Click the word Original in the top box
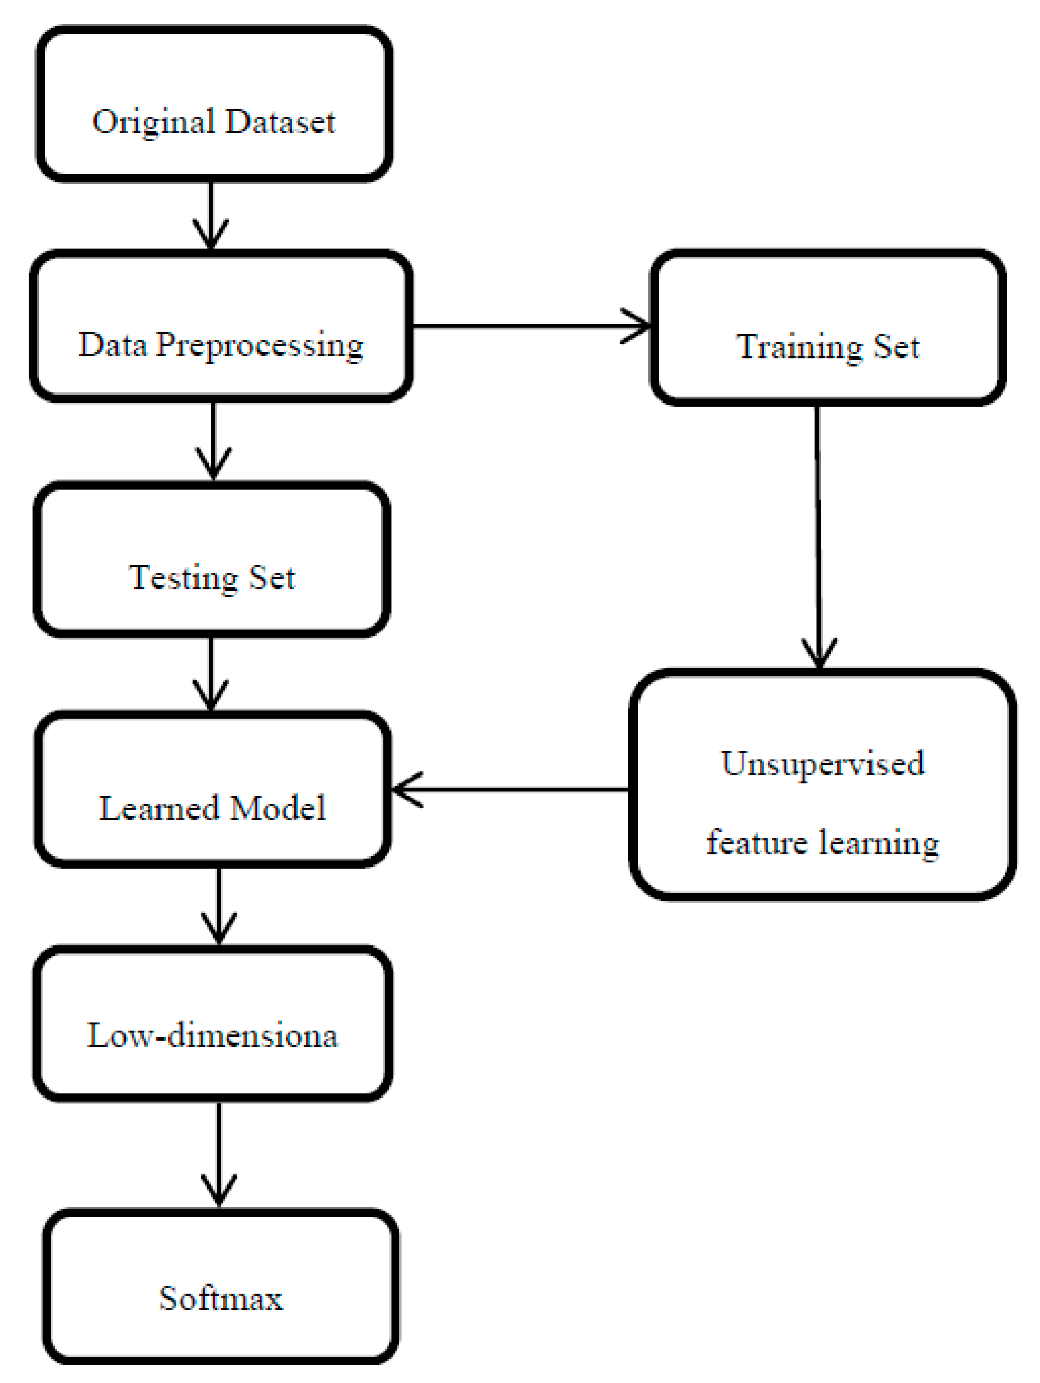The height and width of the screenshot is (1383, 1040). click(x=153, y=122)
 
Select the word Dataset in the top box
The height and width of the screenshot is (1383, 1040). click(x=280, y=121)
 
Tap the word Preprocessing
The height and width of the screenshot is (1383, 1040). click(x=259, y=346)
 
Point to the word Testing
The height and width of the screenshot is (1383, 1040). click(x=183, y=578)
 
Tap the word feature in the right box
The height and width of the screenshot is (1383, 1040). click(x=755, y=843)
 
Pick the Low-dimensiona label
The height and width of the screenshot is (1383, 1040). click(x=212, y=1036)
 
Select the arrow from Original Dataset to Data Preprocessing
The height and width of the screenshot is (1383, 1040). click(x=211, y=216)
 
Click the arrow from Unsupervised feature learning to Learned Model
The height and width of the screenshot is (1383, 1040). click(x=510, y=790)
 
